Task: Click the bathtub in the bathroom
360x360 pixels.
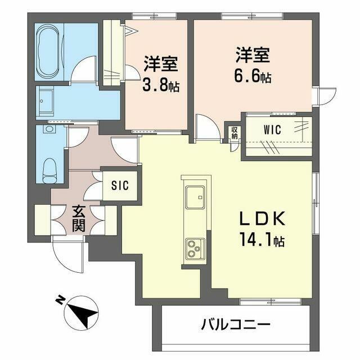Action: click(49, 52)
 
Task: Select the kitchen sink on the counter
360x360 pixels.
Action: click(195, 197)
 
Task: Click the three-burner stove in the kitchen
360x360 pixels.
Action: click(195, 249)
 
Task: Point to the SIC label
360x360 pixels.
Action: click(120, 185)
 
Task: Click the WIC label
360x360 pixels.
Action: click(272, 130)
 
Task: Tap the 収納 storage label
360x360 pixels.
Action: click(234, 133)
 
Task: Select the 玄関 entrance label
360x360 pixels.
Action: click(79, 219)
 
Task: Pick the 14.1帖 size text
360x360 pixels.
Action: click(262, 240)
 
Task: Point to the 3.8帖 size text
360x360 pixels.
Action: click(161, 85)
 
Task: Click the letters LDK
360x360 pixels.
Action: click(263, 219)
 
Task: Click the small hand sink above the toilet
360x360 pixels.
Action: click(49, 129)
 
